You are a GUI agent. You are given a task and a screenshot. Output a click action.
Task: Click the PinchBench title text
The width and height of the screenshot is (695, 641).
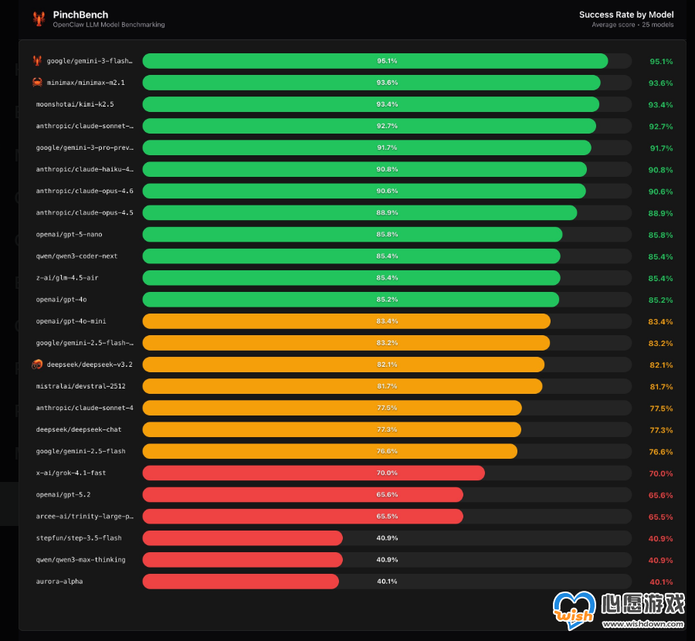(80, 15)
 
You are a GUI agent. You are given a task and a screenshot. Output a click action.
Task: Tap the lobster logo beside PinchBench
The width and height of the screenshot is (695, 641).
(39, 19)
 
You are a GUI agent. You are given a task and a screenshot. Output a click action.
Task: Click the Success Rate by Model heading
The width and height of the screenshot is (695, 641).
(626, 15)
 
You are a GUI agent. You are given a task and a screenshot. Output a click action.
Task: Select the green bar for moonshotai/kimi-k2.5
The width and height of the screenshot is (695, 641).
(371, 104)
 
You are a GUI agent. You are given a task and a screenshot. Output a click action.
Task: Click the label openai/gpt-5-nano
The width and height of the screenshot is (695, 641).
(69, 234)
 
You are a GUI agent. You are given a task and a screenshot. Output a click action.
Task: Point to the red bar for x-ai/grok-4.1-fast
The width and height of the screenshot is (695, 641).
(314, 473)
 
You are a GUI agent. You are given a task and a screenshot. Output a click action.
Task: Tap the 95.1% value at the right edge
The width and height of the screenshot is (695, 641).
(660, 61)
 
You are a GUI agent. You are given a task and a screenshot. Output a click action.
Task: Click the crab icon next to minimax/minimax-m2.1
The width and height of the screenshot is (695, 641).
(37, 83)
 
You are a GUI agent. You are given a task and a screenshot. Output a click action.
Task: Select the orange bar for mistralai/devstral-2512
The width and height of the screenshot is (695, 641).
(342, 386)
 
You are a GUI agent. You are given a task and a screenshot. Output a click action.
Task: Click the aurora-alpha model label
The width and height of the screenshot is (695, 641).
(59, 581)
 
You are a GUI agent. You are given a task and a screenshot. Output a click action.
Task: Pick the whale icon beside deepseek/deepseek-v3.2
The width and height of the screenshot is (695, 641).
(37, 364)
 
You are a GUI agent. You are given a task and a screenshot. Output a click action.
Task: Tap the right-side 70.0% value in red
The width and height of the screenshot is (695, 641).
(660, 473)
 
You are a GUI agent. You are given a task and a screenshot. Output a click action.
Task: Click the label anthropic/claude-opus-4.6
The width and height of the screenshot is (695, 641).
(84, 191)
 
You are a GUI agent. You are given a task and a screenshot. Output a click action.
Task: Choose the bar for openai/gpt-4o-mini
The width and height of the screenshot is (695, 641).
(346, 321)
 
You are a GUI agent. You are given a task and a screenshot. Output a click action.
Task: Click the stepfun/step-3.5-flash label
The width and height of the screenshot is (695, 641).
(79, 538)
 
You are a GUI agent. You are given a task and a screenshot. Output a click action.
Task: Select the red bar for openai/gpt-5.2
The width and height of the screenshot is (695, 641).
(303, 494)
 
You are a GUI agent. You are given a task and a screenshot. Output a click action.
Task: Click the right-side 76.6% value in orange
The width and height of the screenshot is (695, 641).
(660, 451)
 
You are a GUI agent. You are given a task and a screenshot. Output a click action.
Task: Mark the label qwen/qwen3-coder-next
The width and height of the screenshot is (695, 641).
(76, 256)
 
